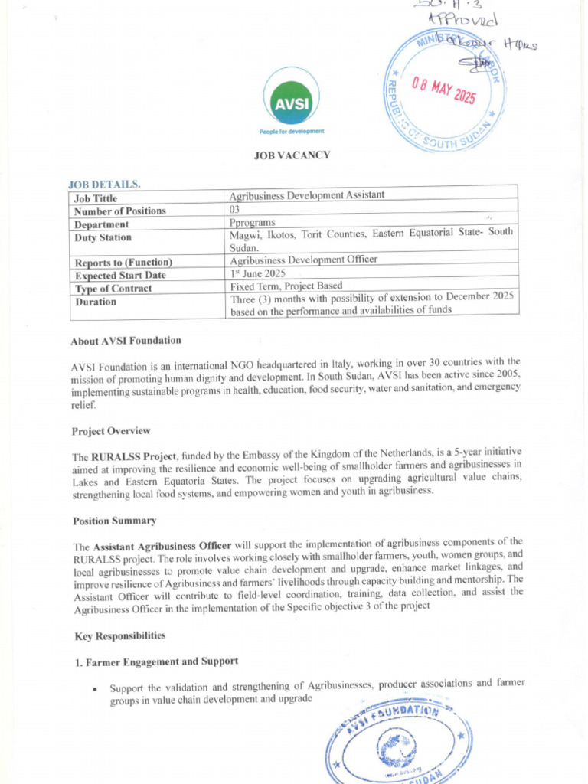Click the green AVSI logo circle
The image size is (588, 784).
tap(292, 97)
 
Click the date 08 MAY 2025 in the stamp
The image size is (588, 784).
tap(444, 90)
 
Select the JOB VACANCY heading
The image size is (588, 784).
tap(292, 155)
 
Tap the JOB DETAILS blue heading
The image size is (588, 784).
tap(104, 185)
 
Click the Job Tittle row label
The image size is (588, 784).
tap(96, 198)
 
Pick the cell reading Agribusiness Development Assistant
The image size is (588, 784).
tap(307, 195)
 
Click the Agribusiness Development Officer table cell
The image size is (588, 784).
tap(304, 260)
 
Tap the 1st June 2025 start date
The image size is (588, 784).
tap(258, 273)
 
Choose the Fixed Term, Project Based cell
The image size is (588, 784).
tap(287, 286)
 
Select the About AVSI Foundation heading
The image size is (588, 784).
tap(126, 341)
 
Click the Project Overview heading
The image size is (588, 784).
tap(112, 431)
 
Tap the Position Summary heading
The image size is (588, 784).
tap(115, 521)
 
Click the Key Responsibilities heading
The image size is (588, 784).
tap(119, 636)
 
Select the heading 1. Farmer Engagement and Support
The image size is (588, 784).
tap(156, 661)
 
